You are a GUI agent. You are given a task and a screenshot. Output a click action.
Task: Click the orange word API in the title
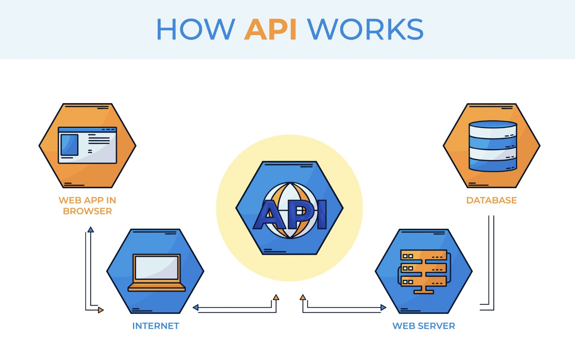[x=270, y=29]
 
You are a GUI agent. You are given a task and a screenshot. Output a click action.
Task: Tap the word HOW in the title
[x=195, y=29]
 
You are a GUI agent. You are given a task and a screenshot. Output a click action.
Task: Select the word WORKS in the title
[x=365, y=29]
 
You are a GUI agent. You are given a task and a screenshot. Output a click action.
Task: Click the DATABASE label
[x=491, y=200]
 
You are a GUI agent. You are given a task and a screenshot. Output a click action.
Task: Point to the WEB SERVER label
[x=424, y=326]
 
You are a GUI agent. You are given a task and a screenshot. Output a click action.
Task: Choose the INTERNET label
[x=155, y=326]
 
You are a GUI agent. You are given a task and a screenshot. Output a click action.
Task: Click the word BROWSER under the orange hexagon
[x=87, y=211]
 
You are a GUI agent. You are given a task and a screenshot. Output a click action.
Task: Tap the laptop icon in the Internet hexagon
[x=157, y=273]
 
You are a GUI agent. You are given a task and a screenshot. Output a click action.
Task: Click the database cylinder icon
[x=493, y=146]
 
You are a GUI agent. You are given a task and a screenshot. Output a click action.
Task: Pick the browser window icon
[x=87, y=145]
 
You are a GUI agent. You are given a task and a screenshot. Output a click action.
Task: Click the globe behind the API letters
[x=290, y=210]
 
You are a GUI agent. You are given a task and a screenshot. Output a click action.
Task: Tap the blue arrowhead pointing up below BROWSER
[x=91, y=230]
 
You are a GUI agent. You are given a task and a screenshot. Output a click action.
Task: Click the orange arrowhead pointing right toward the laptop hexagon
[x=101, y=310]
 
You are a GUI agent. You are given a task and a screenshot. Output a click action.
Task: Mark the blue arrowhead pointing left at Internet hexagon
[x=195, y=307]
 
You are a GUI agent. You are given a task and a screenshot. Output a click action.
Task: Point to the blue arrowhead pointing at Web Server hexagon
[x=383, y=307]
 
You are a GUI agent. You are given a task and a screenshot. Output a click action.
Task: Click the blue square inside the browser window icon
[x=69, y=145]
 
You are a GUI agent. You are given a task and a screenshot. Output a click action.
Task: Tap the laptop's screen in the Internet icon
[x=157, y=268]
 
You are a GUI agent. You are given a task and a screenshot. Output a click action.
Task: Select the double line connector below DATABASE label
[x=491, y=262]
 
